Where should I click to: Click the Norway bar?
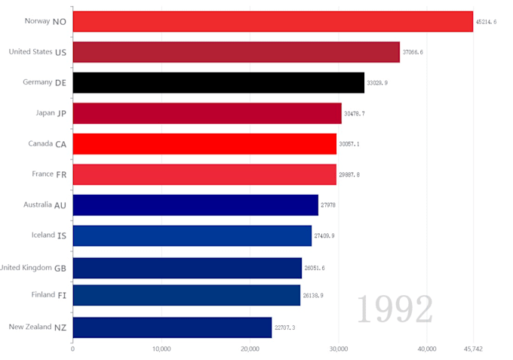coord(272,21)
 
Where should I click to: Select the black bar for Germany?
coord(218,82)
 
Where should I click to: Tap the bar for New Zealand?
coord(172,327)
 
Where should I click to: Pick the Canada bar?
coord(204,143)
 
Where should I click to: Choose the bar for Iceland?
coord(192,235)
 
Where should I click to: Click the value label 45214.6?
coord(487,22)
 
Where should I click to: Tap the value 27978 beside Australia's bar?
coord(328,205)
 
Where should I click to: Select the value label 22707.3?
coord(284,328)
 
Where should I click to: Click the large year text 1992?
coord(395,309)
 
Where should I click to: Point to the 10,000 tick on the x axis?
coord(161,349)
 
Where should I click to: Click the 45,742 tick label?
coord(473,349)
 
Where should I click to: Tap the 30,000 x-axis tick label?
coord(339,349)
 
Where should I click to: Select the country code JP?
coord(63,113)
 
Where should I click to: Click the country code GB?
coord(60,267)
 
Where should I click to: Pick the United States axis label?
coord(30,52)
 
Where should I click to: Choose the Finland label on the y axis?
coord(42,295)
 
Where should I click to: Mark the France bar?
coord(204,174)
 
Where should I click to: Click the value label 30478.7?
coord(355,113)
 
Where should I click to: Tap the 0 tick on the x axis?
coord(72,349)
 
